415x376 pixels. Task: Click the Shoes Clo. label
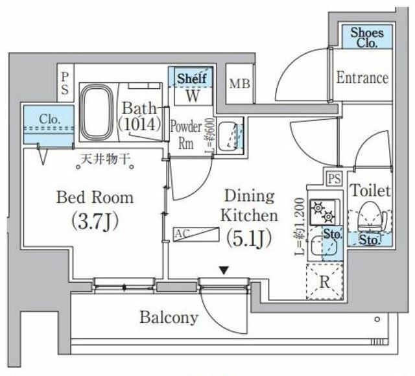[x=367, y=37]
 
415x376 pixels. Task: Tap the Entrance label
[x=362, y=78]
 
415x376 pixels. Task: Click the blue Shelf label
[x=192, y=78]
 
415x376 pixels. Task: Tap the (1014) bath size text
[x=139, y=123]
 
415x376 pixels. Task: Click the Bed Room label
[x=95, y=197]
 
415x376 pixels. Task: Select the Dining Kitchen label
[x=249, y=206]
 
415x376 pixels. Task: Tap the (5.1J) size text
[x=248, y=238]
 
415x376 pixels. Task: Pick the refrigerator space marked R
[x=322, y=281]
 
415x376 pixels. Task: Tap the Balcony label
[x=169, y=318]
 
